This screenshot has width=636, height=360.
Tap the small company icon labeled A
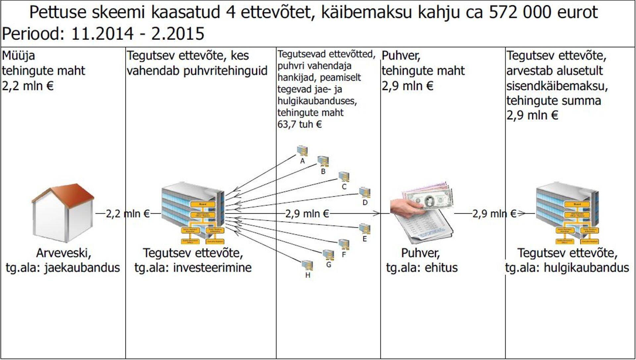[x=302, y=151]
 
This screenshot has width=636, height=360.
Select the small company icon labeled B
[x=323, y=161]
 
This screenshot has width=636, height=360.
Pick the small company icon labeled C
[x=344, y=177]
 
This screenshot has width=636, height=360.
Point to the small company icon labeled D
[x=365, y=192]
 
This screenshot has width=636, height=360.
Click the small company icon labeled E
[x=365, y=229]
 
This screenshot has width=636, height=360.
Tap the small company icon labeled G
[x=328, y=255]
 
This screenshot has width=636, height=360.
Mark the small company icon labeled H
[x=307, y=265]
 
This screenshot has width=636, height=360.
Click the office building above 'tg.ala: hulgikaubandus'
[x=567, y=212]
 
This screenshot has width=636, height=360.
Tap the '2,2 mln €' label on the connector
[x=128, y=214]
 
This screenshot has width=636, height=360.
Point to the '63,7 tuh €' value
[x=299, y=124]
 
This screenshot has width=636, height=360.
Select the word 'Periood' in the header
[x=33, y=33]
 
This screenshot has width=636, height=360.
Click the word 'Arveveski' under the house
[x=63, y=253]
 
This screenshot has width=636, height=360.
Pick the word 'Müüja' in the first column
[x=18, y=55]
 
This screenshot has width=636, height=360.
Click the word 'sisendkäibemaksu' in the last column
[x=557, y=86]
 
